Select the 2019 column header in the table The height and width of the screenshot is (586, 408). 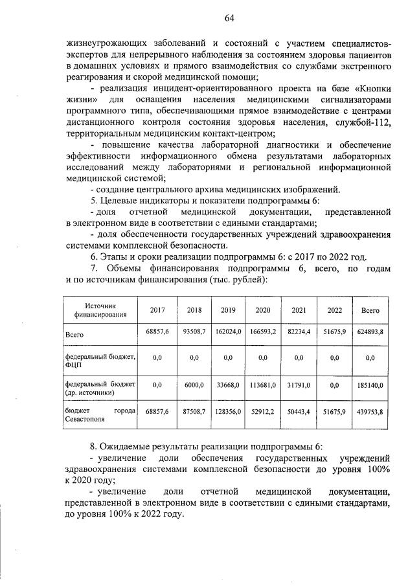228,310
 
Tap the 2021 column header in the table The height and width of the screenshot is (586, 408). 299,310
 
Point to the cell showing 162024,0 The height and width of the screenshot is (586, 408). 228,332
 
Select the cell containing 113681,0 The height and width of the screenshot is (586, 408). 264,385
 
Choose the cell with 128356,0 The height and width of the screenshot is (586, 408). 228,411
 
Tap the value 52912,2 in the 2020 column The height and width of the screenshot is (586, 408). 264,411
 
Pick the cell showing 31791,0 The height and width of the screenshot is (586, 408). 299,385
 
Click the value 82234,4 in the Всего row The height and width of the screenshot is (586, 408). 299,332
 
